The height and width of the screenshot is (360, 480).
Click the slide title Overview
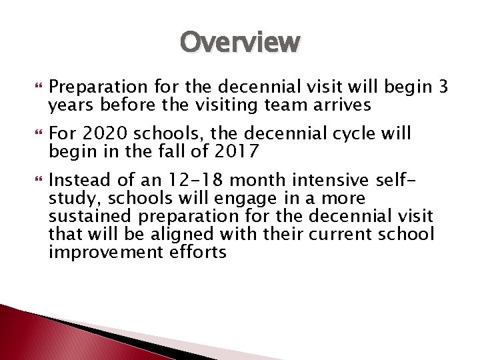click(x=240, y=43)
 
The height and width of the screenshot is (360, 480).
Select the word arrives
click(x=337, y=105)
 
